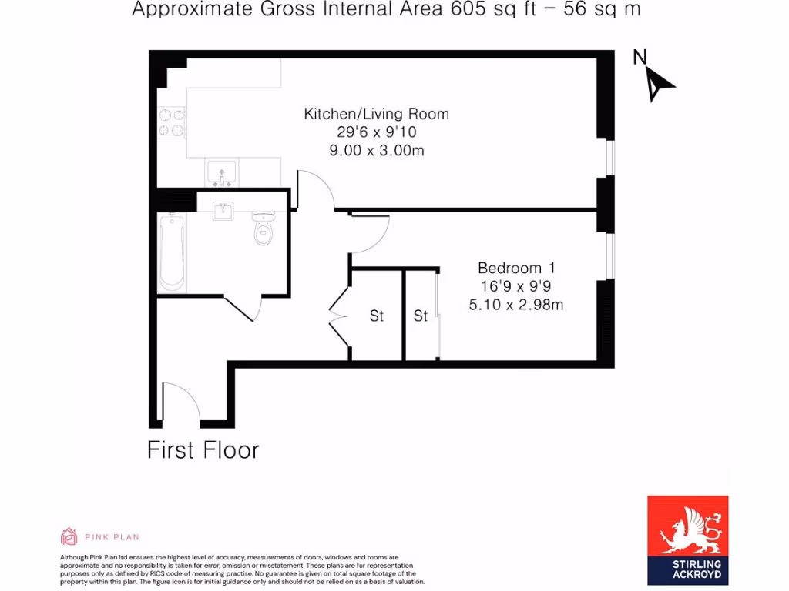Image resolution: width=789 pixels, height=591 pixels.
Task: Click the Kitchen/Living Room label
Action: click(376, 114)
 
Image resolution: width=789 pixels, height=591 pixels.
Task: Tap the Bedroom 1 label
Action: click(516, 268)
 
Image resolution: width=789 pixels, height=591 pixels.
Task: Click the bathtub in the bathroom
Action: click(172, 252)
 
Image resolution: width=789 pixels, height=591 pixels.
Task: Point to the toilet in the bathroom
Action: click(264, 229)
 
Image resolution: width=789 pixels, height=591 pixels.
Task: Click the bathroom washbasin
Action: click(223, 210)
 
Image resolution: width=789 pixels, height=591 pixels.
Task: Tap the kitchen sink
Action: click(222, 172)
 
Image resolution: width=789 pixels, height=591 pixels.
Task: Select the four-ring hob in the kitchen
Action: click(172, 122)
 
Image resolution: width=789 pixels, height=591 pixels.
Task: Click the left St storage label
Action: click(376, 316)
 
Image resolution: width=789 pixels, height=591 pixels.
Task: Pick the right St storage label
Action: click(421, 316)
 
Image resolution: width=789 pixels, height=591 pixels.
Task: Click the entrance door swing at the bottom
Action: click(181, 402)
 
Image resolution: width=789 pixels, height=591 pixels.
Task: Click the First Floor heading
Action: click(203, 450)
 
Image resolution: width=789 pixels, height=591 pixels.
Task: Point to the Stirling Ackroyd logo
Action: click(687, 536)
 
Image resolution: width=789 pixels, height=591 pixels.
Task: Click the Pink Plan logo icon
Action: click(69, 536)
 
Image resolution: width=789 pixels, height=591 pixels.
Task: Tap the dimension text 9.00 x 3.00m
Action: click(376, 151)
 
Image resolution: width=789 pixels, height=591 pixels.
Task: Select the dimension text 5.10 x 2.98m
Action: click(516, 305)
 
